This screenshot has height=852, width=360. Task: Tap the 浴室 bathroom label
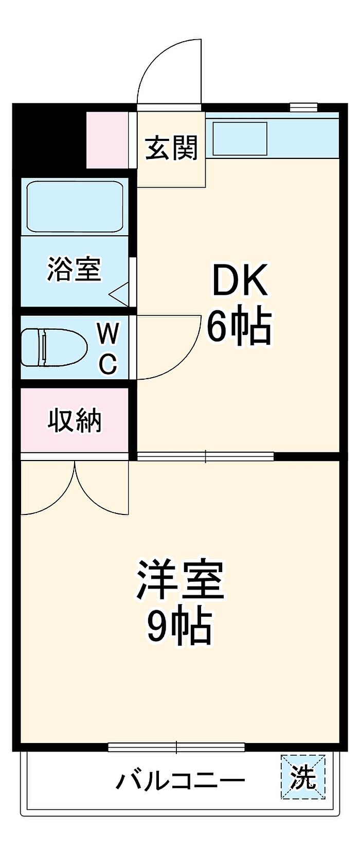click(x=74, y=269)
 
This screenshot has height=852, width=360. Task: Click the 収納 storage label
click(x=75, y=420)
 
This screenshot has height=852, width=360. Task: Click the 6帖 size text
click(x=239, y=326)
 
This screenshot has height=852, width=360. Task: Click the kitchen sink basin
click(x=240, y=138)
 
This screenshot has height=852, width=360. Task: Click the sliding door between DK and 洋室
click(x=205, y=456)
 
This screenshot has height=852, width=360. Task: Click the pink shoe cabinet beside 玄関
click(x=108, y=139)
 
